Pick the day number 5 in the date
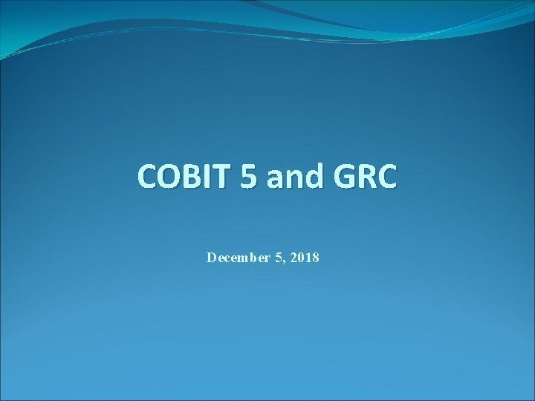click(x=279, y=258)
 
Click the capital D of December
click(x=211, y=258)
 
